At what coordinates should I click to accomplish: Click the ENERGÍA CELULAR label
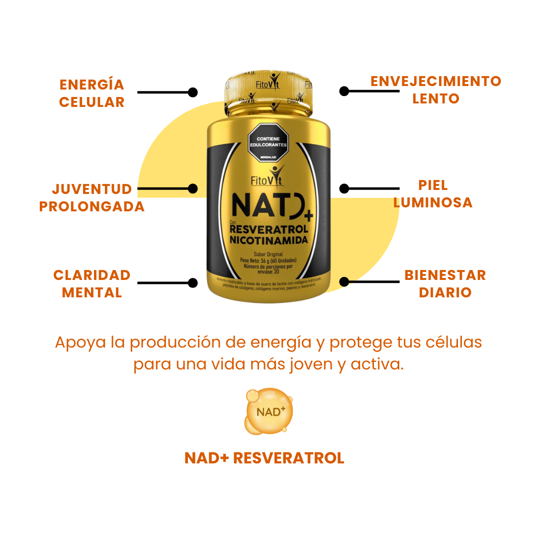[x=91, y=93]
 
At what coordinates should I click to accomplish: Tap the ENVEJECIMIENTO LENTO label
[x=436, y=89]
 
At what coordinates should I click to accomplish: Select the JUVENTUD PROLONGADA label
[x=92, y=197]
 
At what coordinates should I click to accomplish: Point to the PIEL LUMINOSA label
[x=433, y=194]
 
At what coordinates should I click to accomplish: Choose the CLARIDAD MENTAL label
[x=92, y=283]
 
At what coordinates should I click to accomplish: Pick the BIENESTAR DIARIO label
[x=445, y=283]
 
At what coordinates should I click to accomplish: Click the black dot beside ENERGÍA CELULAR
[x=193, y=92]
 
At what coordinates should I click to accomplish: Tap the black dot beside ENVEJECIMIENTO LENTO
[x=344, y=91]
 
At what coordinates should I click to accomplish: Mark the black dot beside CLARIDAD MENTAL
[x=193, y=283]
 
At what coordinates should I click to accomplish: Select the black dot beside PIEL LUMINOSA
[x=344, y=188]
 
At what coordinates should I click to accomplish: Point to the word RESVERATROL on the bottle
[x=269, y=229]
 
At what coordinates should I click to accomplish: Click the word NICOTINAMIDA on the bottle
[x=268, y=240]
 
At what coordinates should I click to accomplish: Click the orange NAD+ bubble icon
[x=269, y=411]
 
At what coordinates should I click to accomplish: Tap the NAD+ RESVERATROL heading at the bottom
[x=264, y=458]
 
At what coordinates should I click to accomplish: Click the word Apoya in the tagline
[x=74, y=343]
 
